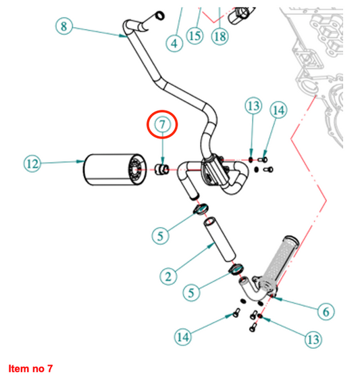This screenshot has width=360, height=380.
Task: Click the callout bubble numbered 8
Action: (64, 26)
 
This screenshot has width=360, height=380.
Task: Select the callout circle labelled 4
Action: (174, 43)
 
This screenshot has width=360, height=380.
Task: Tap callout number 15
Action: (195, 36)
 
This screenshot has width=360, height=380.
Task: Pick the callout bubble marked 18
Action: (220, 37)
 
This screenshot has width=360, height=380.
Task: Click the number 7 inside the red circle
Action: (163, 124)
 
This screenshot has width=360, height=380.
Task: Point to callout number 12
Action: (32, 164)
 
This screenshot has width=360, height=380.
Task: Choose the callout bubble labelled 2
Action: (168, 277)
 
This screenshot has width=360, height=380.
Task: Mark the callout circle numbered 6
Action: (326, 312)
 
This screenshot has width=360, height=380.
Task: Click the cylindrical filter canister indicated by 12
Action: (115, 170)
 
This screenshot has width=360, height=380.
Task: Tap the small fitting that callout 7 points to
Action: (161, 169)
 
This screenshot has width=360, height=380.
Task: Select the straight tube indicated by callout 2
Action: (220, 239)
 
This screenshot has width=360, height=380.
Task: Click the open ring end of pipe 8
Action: (160, 16)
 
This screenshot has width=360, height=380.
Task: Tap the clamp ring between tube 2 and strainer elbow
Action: (236, 269)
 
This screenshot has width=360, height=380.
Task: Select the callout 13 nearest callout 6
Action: (313, 339)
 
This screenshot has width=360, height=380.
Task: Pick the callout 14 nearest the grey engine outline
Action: (278, 110)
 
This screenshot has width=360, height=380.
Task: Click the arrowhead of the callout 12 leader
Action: (80, 162)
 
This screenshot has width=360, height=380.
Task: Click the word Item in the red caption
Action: (19, 369)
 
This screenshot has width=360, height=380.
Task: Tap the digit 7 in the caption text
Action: (49, 369)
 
